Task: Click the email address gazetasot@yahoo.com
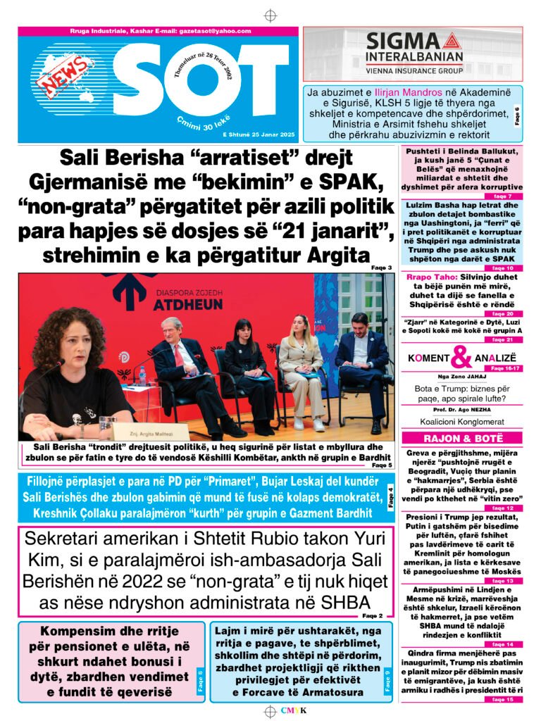217,32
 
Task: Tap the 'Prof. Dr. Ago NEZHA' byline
461,409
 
